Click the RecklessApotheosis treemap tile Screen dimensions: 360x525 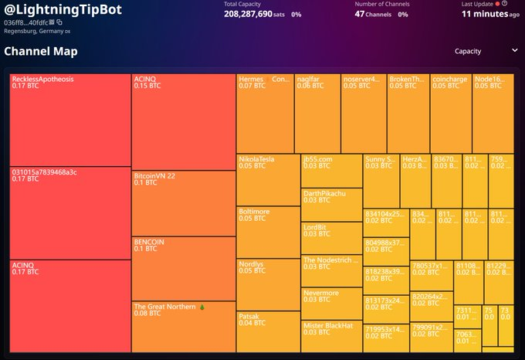point(70,120)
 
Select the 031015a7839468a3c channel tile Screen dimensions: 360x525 point(70,213)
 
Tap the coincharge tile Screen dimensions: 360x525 point(451,113)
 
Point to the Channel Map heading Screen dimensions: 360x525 point(41,51)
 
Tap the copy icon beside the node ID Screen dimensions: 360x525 point(59,22)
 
